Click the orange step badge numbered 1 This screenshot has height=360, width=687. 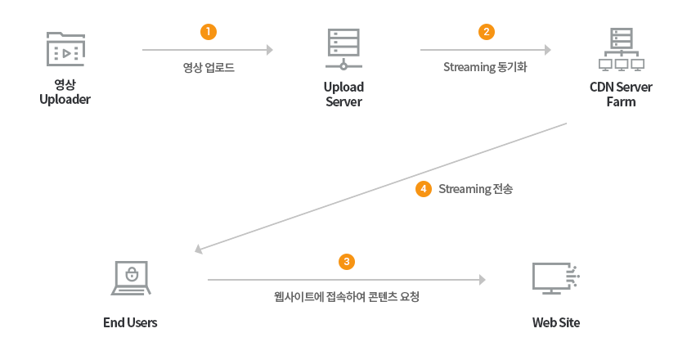click(208, 32)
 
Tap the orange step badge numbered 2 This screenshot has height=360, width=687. click(486, 32)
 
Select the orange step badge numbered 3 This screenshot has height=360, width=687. click(347, 261)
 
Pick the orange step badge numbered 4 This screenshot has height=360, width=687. click(423, 189)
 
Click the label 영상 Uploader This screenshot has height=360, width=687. click(65, 92)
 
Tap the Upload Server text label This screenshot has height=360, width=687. click(343, 94)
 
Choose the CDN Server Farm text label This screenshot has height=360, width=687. click(621, 94)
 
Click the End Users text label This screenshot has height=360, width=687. click(130, 322)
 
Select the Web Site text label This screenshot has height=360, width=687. click(555, 322)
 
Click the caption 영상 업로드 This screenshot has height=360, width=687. click(209, 67)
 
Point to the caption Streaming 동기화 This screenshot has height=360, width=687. click(485, 67)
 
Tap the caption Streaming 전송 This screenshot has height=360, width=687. click(476, 189)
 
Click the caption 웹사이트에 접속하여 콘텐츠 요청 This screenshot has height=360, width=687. click(347, 296)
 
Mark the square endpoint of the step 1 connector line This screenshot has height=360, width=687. click(270, 50)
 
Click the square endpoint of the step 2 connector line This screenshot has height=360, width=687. click(548, 50)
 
